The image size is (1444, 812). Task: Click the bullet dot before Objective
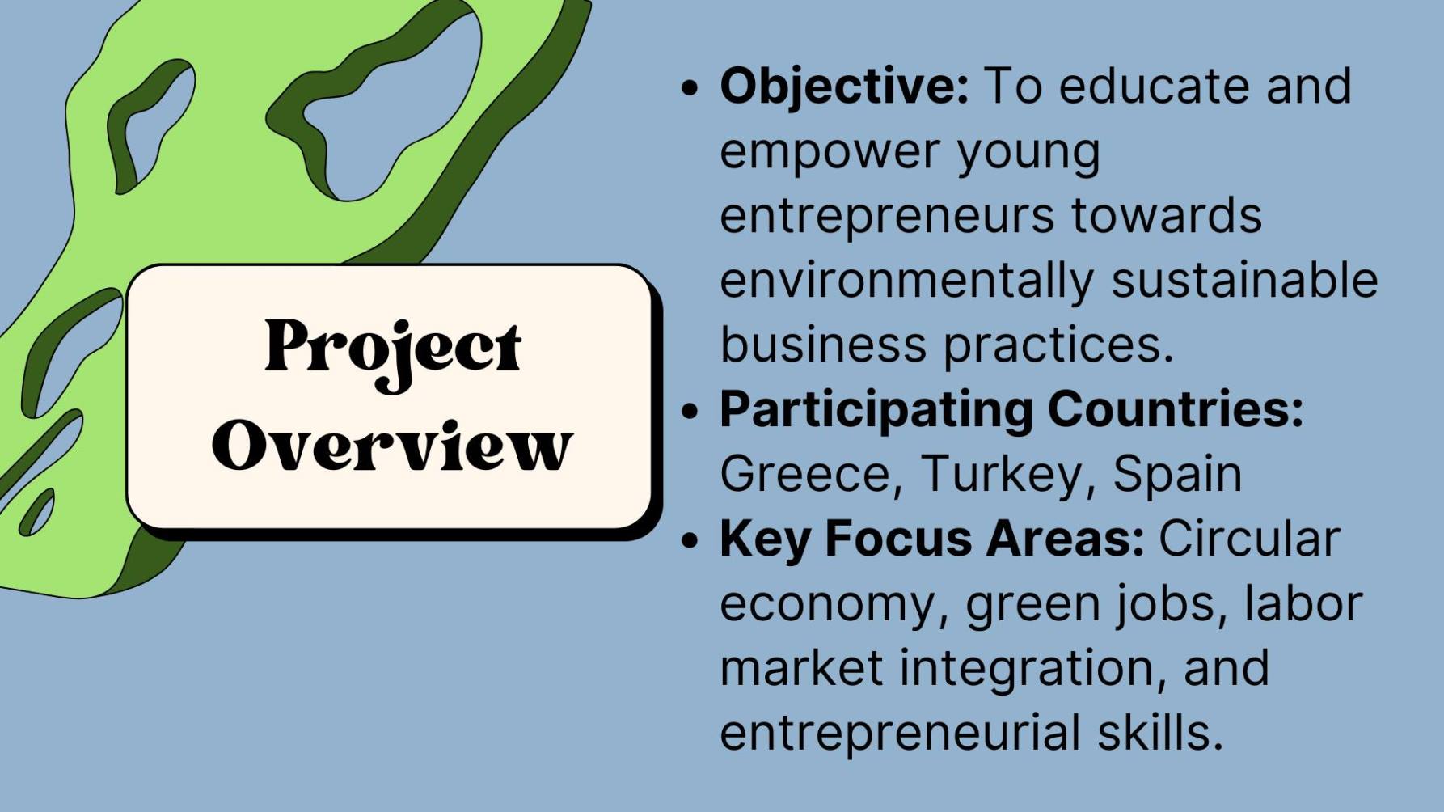(x=689, y=87)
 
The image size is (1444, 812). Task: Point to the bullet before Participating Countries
(x=689, y=410)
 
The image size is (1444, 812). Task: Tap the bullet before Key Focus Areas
(x=689, y=539)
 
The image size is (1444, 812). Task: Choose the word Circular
(x=1250, y=539)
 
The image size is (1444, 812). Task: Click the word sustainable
(x=1244, y=280)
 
